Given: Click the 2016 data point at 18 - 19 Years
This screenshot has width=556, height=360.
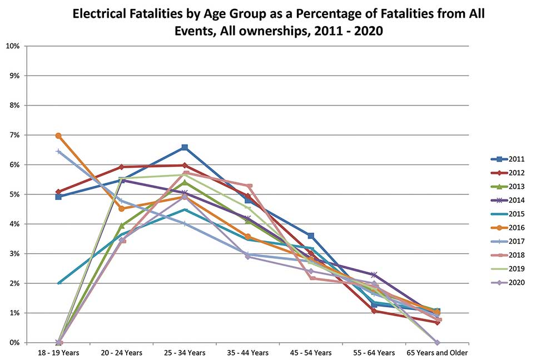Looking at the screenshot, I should tap(58, 136).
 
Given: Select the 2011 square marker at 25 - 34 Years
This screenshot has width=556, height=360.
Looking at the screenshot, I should tap(185, 147).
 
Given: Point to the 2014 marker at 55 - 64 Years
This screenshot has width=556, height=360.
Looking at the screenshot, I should tap(374, 274).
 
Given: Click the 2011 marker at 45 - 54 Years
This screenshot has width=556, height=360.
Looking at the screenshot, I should tap(311, 236).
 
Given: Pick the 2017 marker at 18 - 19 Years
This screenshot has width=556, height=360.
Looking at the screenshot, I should tap(58, 151).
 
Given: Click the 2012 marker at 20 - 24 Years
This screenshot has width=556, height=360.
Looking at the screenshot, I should tap(122, 167).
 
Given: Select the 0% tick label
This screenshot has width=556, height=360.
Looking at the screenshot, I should tap(13, 343).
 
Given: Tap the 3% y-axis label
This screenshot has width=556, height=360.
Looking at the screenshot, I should tap(13, 254).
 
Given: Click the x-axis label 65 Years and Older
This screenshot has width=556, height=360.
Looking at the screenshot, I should tap(437, 353).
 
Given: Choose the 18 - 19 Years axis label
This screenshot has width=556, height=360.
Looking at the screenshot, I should tap(58, 353).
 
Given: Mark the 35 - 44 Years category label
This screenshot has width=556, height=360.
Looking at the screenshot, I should tap(248, 353).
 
